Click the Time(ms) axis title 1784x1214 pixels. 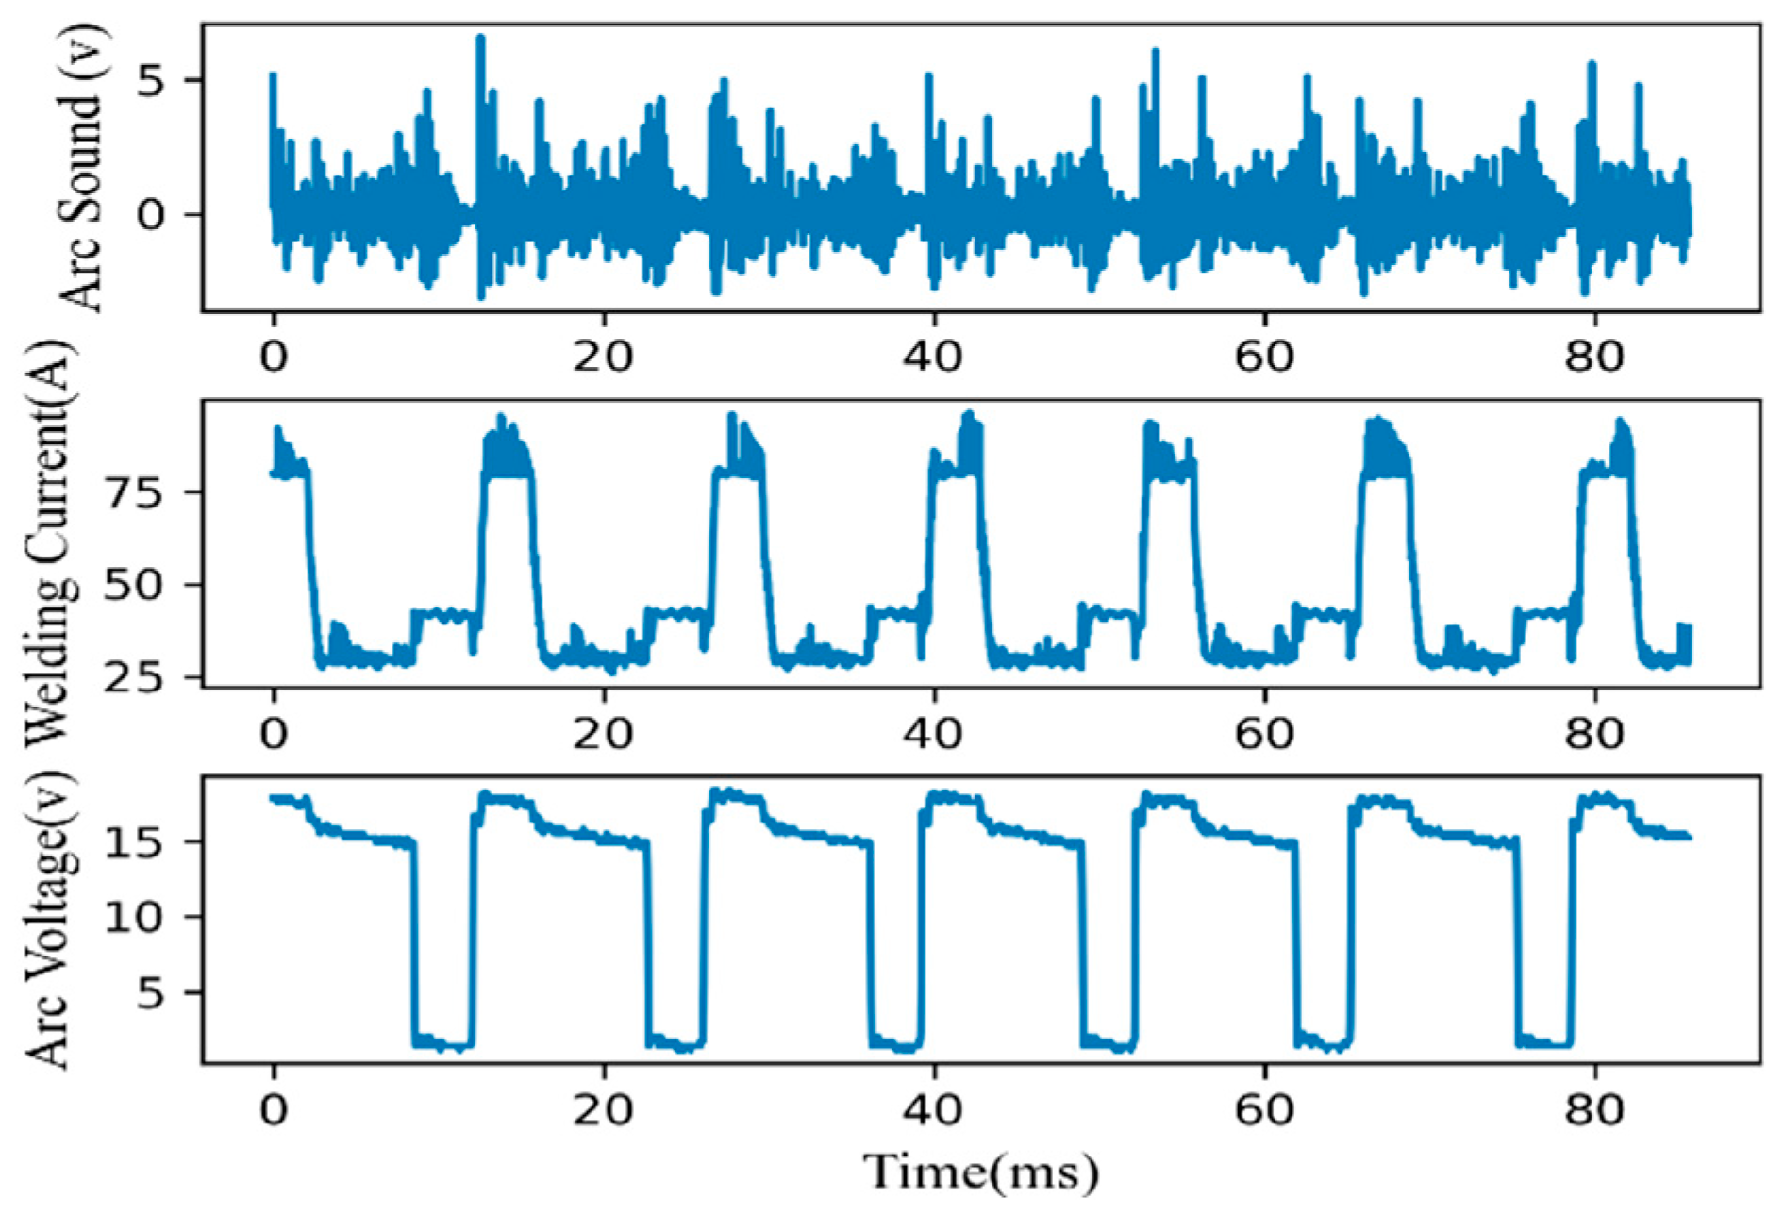click(981, 1172)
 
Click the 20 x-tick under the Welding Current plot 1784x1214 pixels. click(603, 733)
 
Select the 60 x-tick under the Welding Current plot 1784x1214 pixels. click(1263, 733)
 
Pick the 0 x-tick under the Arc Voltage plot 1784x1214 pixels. click(274, 1109)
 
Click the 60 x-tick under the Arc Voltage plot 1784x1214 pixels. click(1263, 1109)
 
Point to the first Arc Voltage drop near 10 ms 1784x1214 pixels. click(413, 943)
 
